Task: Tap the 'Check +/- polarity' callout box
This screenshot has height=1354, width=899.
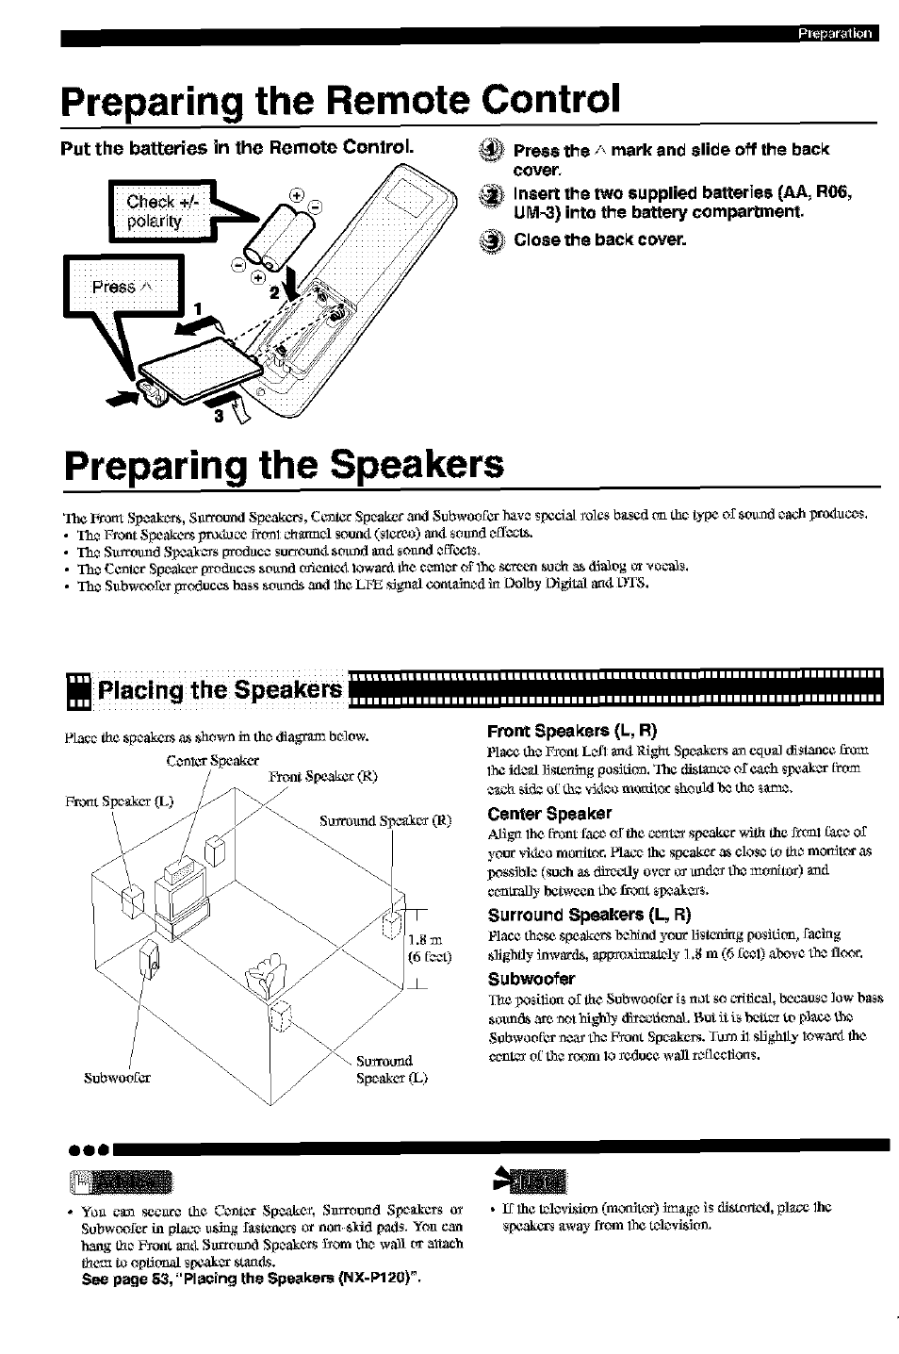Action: coord(156,210)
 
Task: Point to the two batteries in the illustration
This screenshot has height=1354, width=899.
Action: coord(278,239)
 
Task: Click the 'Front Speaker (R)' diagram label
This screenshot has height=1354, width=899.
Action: coord(322,777)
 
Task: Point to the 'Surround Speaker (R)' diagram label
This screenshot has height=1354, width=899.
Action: coord(385,820)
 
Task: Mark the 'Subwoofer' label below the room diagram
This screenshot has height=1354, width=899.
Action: coord(117,1077)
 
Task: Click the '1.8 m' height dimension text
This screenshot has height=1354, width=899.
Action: coord(426,939)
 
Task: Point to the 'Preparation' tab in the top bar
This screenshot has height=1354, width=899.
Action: coord(835,35)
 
